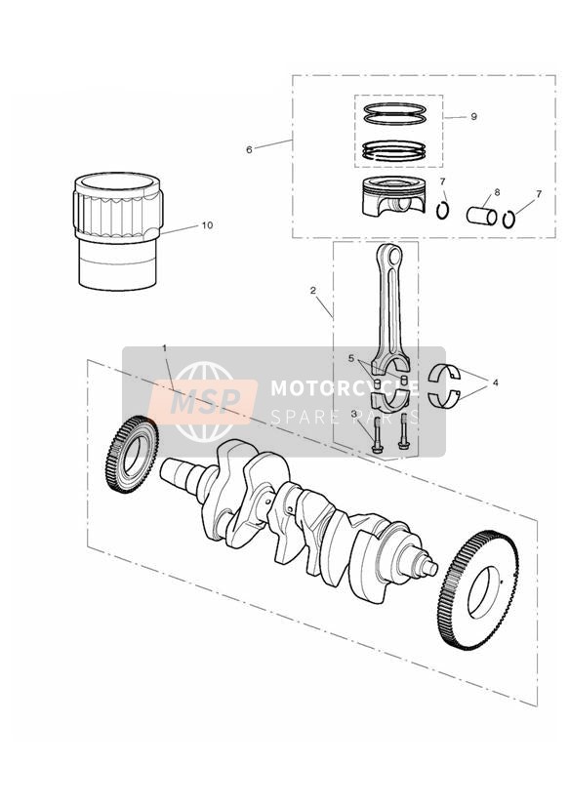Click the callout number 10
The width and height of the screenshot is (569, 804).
point(207,225)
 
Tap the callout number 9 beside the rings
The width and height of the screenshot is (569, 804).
point(473,117)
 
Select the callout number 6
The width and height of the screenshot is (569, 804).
point(249,149)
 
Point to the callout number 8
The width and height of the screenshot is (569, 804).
point(497,192)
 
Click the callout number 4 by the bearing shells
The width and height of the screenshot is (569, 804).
point(495,382)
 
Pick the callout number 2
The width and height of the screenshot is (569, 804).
point(313,290)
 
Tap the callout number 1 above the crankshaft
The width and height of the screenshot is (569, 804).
point(165,348)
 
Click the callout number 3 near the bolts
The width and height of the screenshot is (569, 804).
point(353,414)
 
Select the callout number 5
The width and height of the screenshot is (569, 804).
point(351,358)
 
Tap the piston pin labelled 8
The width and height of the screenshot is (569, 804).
point(481,215)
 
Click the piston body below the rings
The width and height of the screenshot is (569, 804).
point(393,197)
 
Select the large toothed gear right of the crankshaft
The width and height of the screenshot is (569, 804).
point(480,589)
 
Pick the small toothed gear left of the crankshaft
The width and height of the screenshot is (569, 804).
point(133,454)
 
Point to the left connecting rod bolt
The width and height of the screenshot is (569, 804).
point(377,435)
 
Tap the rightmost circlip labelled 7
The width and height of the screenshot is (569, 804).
point(508,220)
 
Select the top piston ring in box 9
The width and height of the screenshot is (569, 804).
point(394,108)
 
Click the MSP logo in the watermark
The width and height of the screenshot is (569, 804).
point(203,401)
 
